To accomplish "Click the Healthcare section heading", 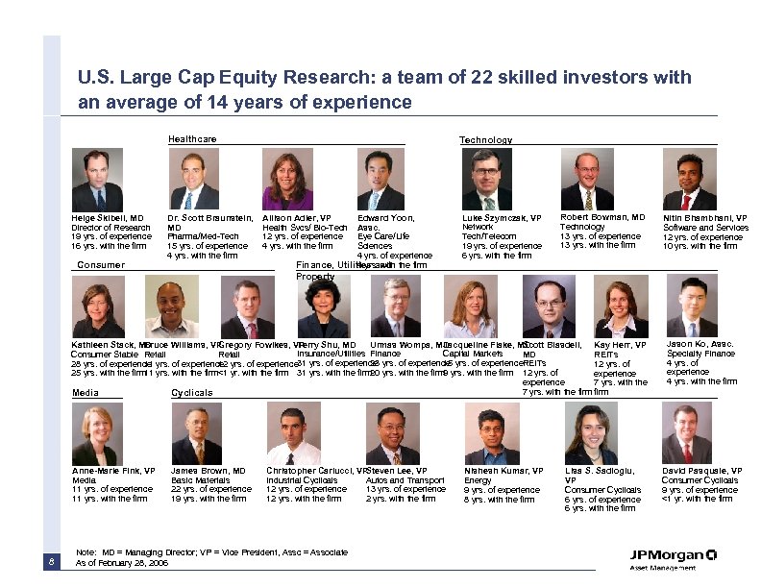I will click(192, 139).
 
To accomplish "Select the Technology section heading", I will click(485, 140).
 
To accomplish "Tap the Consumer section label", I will click(101, 265).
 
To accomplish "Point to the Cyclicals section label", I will click(192, 393).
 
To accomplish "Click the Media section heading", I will click(86, 392).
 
